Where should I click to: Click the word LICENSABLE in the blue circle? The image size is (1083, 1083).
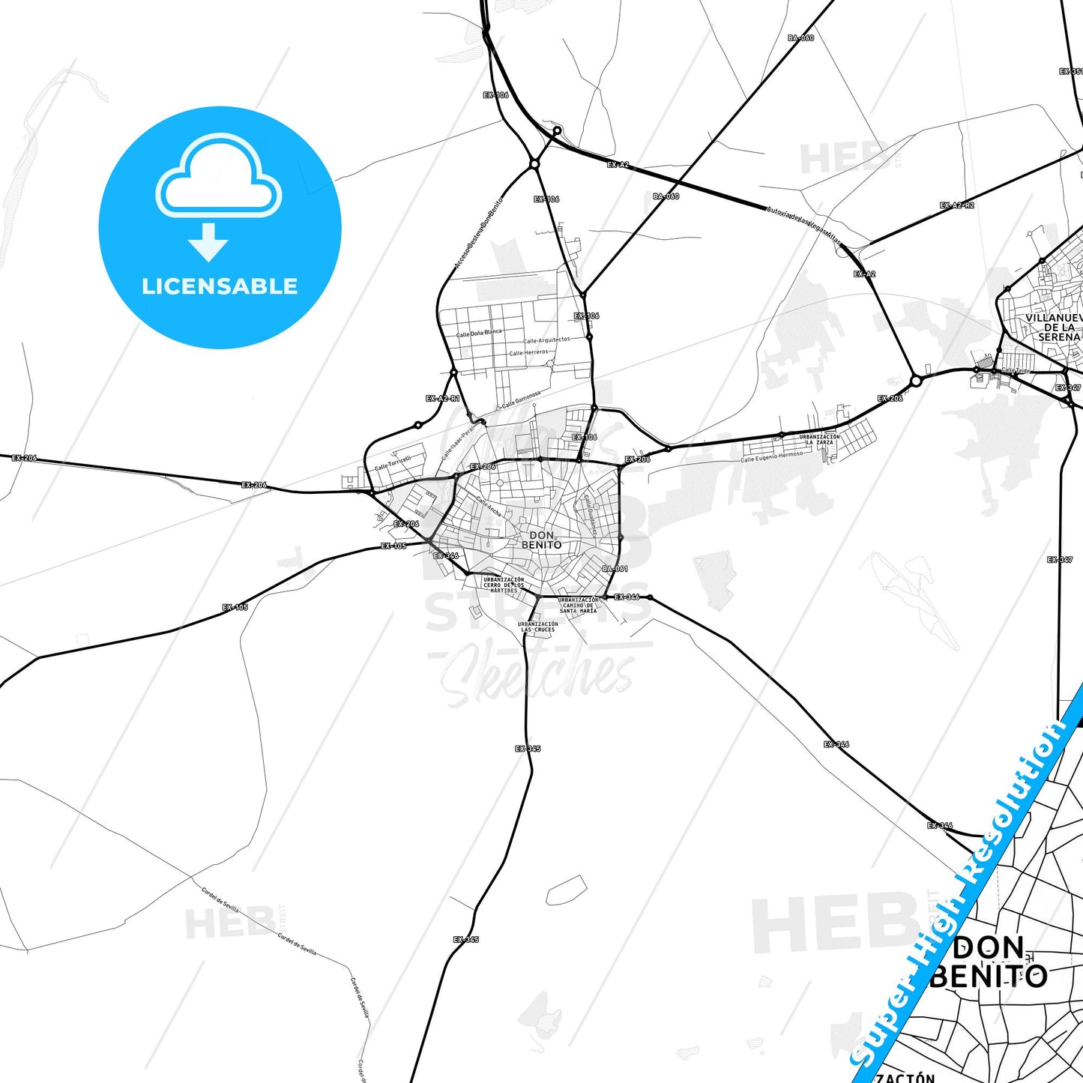click(220, 286)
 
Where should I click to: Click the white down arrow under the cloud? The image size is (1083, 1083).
click(208, 242)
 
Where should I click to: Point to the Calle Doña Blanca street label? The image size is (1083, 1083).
click(480, 333)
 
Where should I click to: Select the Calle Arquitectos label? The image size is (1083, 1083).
click(546, 340)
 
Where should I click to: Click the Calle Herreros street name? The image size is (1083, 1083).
click(528, 352)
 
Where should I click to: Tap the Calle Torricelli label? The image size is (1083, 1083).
click(393, 463)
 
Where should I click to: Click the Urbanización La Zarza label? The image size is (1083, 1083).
click(819, 439)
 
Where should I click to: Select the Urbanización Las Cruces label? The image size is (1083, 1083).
click(538, 627)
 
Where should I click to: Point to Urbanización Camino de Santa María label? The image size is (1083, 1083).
click(579, 605)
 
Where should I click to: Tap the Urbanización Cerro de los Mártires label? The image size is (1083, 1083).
click(504, 585)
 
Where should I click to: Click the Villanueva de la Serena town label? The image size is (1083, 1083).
click(1053, 328)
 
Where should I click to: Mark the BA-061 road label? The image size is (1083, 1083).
click(615, 569)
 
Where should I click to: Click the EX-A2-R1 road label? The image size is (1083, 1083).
click(442, 399)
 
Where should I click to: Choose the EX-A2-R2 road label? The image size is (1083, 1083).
click(957, 205)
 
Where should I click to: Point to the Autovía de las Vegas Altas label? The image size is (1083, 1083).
click(804, 226)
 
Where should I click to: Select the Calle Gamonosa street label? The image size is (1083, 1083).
click(521, 399)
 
